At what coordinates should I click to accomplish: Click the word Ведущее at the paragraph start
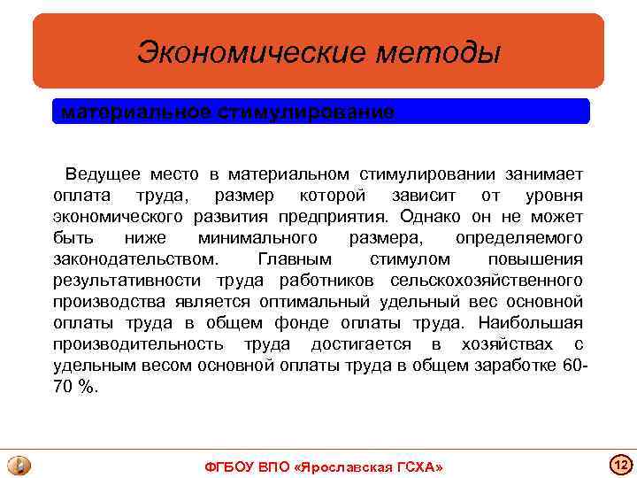click(100, 173)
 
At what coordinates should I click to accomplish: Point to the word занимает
click(548, 173)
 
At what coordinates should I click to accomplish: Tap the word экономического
click(119, 216)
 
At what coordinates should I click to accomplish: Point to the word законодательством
click(134, 259)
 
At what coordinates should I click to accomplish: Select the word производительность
click(137, 344)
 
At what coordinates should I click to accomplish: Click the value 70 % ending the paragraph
click(77, 387)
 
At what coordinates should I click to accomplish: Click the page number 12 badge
click(619, 464)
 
